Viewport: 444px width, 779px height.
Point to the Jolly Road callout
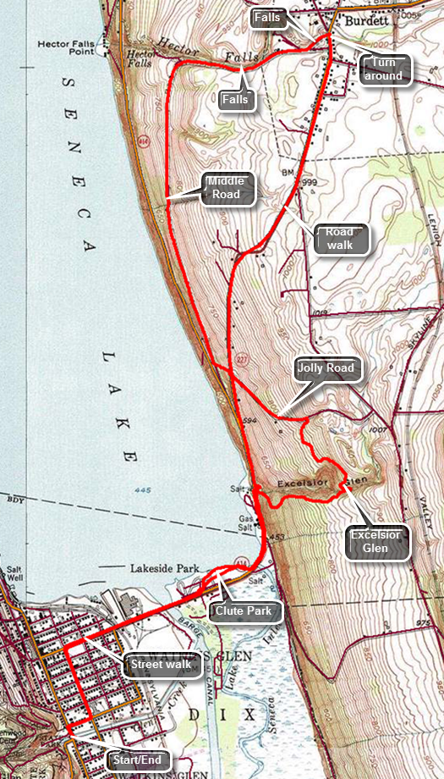coord(326,368)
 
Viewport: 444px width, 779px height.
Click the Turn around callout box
coord(384,69)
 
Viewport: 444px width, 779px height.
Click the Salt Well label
coord(14,576)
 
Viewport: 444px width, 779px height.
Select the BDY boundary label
coord(12,500)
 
